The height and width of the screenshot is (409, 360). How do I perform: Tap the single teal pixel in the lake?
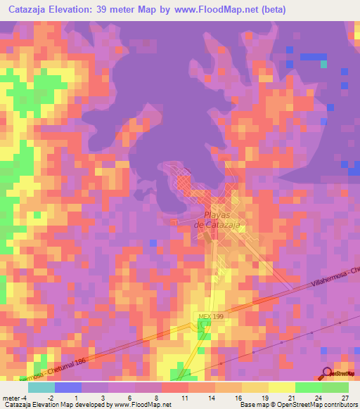(324, 64)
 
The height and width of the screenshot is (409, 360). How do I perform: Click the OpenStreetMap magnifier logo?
(327, 373)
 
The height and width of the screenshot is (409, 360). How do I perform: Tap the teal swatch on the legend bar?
(41, 387)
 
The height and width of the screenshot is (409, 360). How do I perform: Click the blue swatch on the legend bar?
(67, 387)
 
